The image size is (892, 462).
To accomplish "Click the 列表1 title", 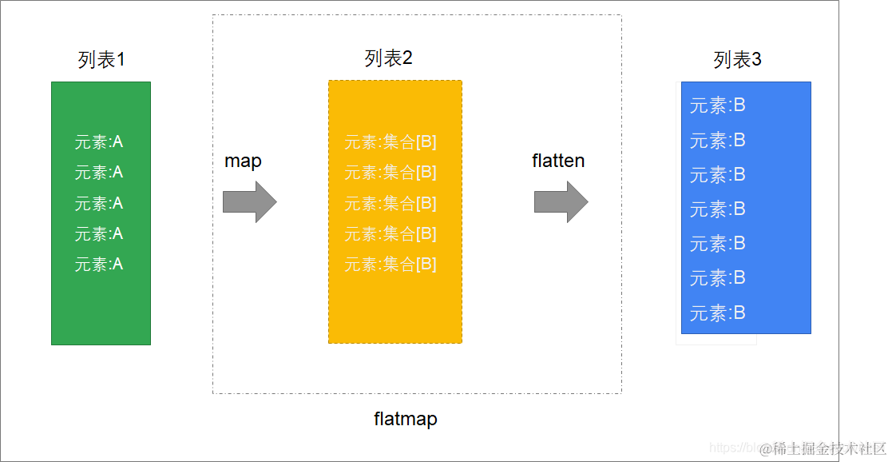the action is coord(101,60).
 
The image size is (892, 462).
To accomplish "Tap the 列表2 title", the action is coord(388,58).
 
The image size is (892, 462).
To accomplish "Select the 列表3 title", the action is coord(737,60).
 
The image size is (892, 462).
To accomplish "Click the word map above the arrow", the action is coord(243,161).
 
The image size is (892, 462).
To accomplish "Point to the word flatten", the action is coord(558,161).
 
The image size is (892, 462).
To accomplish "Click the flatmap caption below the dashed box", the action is coord(406,419).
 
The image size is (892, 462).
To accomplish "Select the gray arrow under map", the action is coord(249,201).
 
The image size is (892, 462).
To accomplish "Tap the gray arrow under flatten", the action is coord(561,201).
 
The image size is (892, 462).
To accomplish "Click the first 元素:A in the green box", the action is coord(99,143).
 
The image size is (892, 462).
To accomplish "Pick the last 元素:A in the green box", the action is coord(99,265).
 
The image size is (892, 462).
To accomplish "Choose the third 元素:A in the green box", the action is coord(99,204).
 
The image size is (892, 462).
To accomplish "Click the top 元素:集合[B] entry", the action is coord(390,143).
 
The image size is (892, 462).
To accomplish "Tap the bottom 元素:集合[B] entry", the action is coord(390,265).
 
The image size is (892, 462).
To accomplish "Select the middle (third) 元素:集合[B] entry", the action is coord(390,204).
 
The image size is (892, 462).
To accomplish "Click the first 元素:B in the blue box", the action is coord(717,106).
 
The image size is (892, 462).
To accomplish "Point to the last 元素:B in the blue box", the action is coord(717,313).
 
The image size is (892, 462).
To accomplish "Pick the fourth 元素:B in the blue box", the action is coord(717,209).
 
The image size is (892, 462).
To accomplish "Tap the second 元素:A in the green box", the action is coord(99,173).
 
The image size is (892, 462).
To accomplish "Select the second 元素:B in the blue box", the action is coord(717,141).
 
